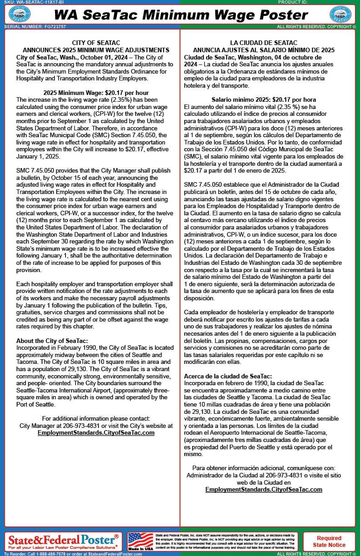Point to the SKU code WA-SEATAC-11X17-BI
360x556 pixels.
tap(35, 2)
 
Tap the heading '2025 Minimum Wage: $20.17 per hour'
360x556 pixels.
tap(93, 92)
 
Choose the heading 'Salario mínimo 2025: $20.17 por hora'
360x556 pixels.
tap(264, 99)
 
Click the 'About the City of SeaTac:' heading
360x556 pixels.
tap(52, 341)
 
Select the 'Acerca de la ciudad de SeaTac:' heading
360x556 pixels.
tap(228, 376)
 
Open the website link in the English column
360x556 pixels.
tap(96, 433)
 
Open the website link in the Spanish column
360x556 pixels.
tap(264, 489)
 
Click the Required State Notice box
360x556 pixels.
tap(329, 541)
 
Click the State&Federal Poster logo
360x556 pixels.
tap(63, 541)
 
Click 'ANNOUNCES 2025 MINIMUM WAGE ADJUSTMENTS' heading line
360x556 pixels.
tap(96, 50)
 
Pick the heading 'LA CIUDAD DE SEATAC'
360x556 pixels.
tap(264, 43)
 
